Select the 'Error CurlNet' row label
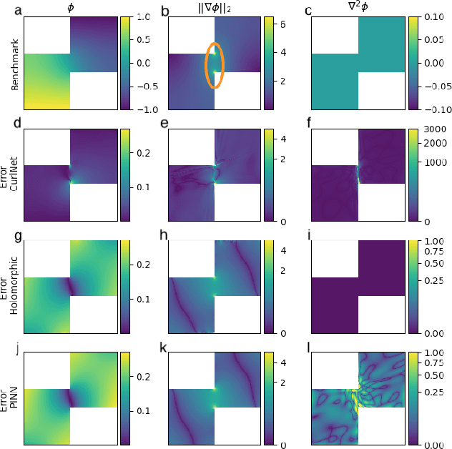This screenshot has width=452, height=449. coord(14,174)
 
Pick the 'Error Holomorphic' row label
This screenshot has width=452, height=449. coord(14,287)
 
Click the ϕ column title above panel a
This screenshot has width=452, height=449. coord(70,9)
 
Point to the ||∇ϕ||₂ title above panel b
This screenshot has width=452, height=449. coord(215,9)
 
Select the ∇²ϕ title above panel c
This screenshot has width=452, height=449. coord(358,9)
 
